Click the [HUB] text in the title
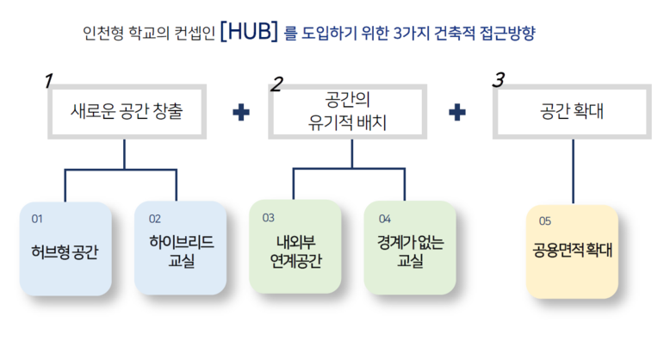pos(249,33)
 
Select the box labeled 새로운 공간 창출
pos(127,111)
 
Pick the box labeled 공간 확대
pos(572,111)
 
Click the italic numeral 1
pos(48,81)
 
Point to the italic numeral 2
pos(276,84)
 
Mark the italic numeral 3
pos(498,80)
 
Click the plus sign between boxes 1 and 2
pos(242,113)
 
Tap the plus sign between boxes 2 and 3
pos(459,113)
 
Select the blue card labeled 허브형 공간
pos(65,249)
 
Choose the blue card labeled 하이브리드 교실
pos(180,249)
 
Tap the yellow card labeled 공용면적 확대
pos(572,251)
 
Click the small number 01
pos(36,219)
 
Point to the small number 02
pos(155,219)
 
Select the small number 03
pos(268,218)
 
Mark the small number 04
pos(384,218)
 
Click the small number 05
pos(544,220)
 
